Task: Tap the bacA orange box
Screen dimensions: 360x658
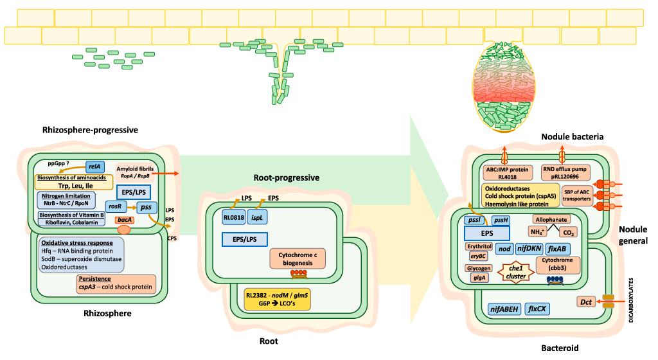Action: (x=124, y=220)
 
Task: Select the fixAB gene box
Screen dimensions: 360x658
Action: (x=560, y=249)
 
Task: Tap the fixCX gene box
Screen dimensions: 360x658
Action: (x=537, y=309)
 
